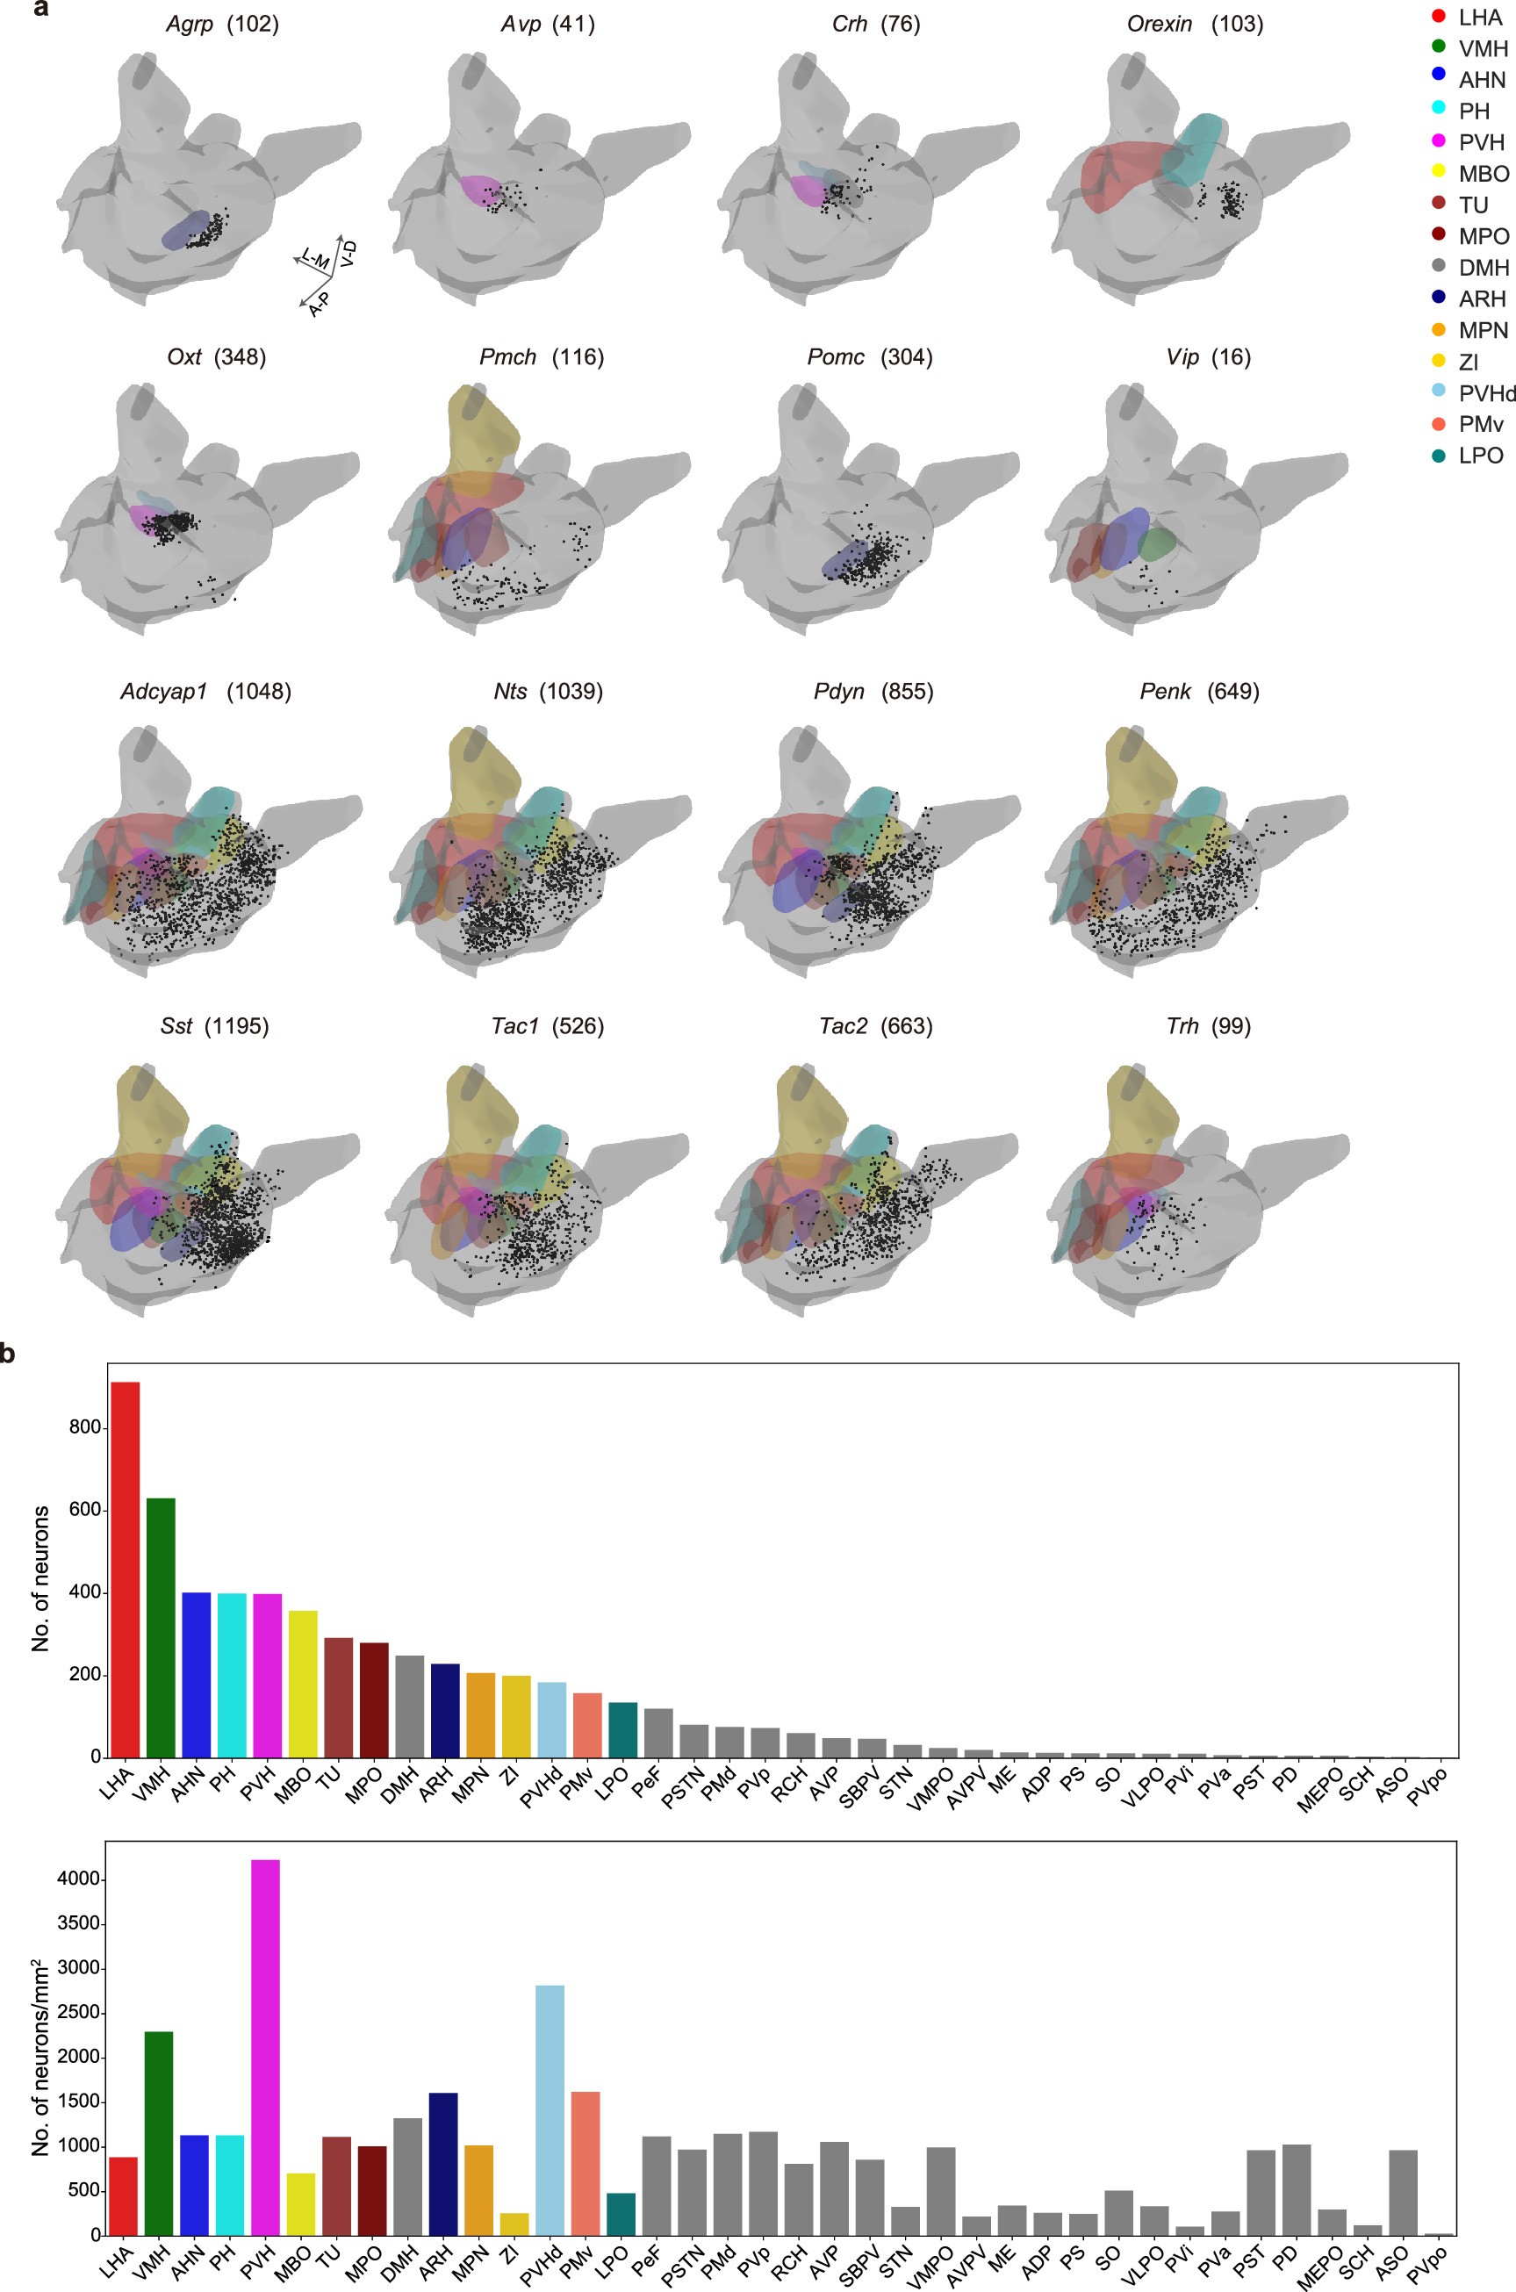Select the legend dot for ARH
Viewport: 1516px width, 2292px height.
point(1439,298)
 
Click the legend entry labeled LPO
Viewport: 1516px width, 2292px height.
point(1480,456)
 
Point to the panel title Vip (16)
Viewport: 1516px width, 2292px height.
point(1208,356)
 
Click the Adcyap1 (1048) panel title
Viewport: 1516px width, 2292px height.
point(205,691)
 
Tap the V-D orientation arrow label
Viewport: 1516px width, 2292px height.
point(349,254)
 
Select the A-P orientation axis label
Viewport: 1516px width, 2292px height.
point(318,305)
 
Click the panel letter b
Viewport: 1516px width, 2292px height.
point(8,1354)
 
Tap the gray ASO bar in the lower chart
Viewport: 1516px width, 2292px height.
point(1403,2194)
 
